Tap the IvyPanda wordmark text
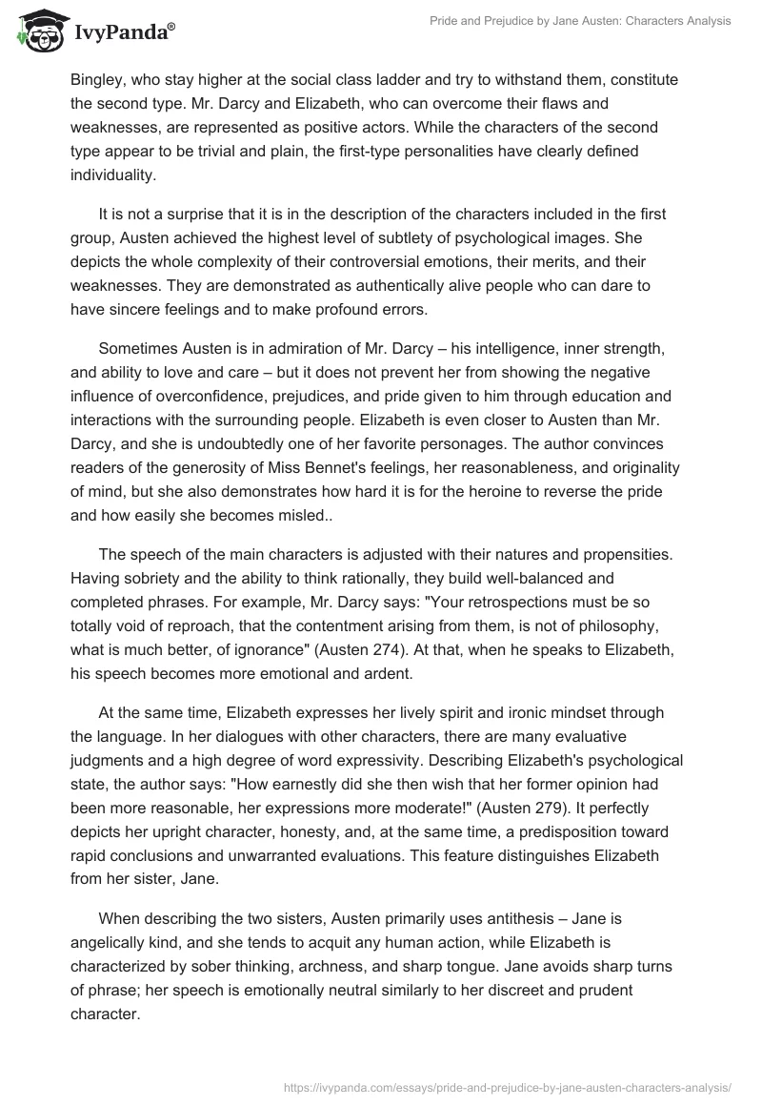click(x=121, y=34)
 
